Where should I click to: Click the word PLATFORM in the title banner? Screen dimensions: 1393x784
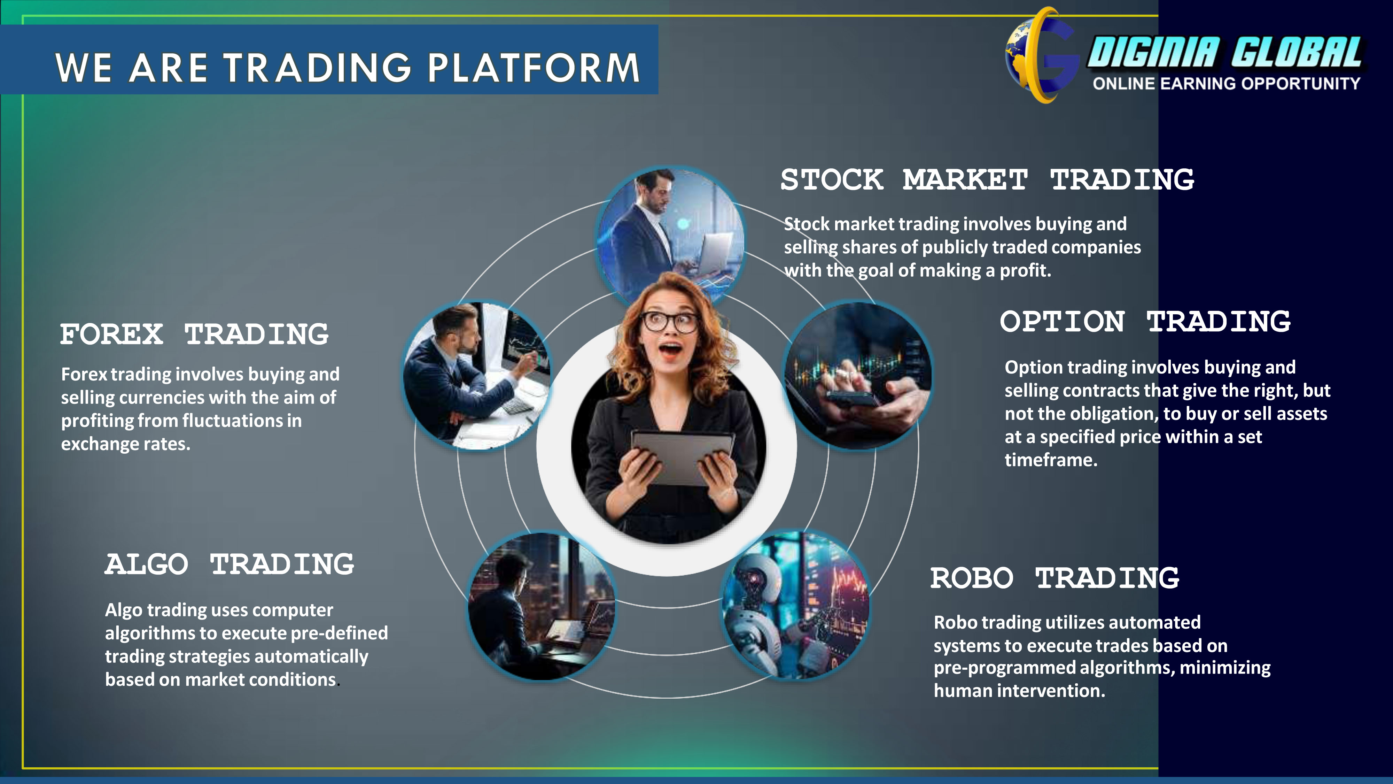tap(534, 68)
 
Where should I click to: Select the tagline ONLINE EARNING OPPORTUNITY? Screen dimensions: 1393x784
tap(1226, 83)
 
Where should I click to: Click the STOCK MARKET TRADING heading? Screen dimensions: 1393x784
tap(987, 180)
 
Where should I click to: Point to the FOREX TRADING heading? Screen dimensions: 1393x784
tap(194, 334)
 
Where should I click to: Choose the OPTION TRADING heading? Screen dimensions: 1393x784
tap(1145, 321)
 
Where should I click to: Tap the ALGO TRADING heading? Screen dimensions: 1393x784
tap(229, 564)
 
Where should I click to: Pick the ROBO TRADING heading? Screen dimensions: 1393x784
tap(1055, 578)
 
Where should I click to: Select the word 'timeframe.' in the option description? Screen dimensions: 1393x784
tap(1051, 460)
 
